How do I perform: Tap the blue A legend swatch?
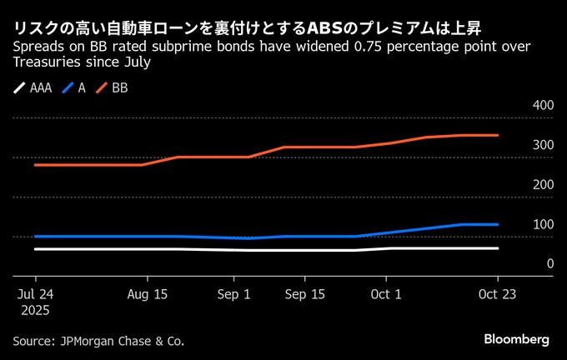click(68, 87)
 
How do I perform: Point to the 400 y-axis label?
click(542, 106)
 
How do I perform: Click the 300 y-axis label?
click(542, 145)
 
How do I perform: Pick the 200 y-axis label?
click(542, 184)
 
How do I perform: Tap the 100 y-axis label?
click(542, 224)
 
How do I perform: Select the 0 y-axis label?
click(550, 263)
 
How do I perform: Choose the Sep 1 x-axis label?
click(234, 294)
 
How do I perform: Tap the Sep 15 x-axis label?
click(305, 294)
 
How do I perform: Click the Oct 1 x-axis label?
click(386, 294)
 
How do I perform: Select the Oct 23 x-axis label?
click(497, 294)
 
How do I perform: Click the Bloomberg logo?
click(517, 339)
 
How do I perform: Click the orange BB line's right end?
click(498, 135)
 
